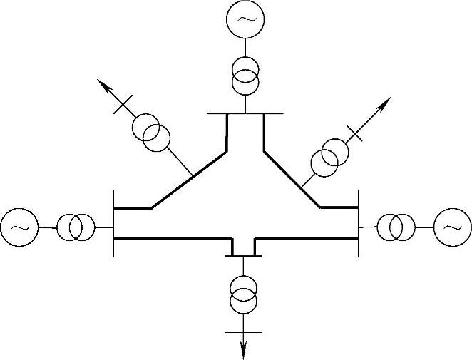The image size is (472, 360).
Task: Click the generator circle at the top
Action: (x=245, y=20)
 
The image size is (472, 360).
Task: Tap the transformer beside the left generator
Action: (x=76, y=227)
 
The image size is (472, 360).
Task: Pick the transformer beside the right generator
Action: (x=396, y=227)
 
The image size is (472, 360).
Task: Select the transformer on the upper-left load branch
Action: (x=150, y=133)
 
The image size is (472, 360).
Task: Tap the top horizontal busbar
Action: (x=245, y=113)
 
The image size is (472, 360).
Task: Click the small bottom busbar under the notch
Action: (x=244, y=255)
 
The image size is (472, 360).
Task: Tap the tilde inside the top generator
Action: (x=245, y=20)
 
